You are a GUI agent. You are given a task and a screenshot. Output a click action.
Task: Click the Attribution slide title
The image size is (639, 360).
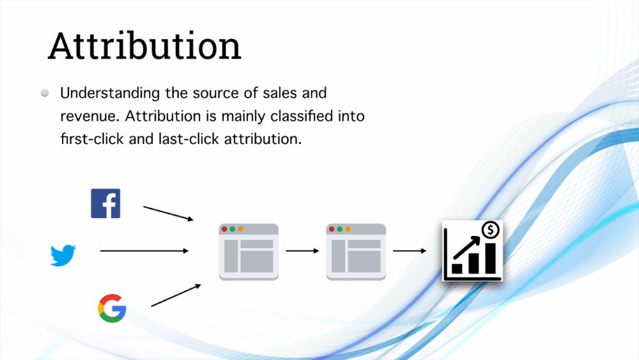(144, 46)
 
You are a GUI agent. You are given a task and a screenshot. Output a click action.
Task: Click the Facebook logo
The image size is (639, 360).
(105, 203)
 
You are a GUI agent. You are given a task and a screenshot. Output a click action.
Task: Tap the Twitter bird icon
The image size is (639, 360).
(63, 255)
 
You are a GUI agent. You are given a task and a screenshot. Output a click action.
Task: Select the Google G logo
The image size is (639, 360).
(112, 308)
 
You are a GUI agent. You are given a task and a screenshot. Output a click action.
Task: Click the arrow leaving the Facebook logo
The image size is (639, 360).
(168, 213)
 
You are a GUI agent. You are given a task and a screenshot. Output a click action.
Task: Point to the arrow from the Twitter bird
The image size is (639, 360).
(144, 251)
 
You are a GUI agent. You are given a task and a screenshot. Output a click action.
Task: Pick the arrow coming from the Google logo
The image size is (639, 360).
(176, 295)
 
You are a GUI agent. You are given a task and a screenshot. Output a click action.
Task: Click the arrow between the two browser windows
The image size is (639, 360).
(302, 251)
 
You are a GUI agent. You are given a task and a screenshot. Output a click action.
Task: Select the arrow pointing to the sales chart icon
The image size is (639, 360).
(410, 251)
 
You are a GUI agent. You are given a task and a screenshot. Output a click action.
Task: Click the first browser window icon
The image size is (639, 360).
(249, 252)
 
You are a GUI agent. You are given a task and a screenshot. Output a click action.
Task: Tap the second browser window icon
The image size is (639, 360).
(356, 252)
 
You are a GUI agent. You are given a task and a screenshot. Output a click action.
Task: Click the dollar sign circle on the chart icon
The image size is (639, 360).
(490, 230)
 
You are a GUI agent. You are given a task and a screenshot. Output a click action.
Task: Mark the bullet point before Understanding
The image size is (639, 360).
(45, 93)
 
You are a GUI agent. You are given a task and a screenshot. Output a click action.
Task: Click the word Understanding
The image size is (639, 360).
(110, 93)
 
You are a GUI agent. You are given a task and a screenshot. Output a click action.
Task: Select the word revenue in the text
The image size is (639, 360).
(89, 117)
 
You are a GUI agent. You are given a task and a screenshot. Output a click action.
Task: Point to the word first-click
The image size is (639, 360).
(92, 139)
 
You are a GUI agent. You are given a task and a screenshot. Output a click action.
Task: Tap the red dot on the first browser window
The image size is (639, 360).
(224, 229)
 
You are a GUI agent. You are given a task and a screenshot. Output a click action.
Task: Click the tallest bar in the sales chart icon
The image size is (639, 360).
(490, 258)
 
